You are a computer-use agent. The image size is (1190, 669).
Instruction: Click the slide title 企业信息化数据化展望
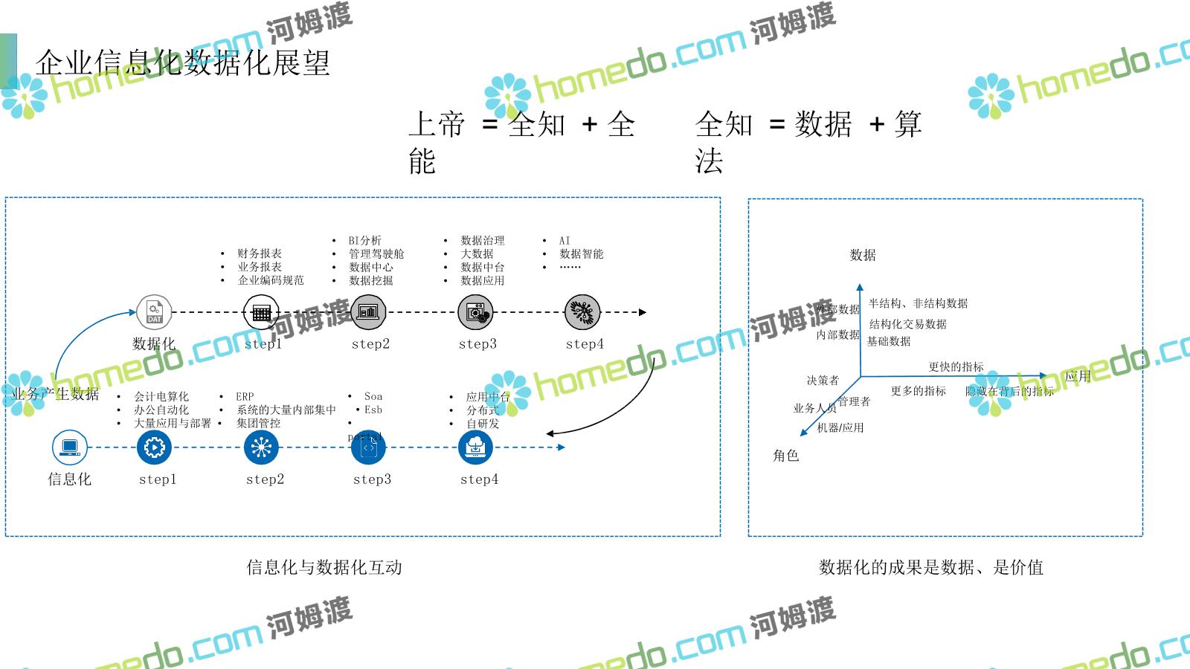coord(183,63)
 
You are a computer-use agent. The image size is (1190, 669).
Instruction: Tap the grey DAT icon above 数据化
coord(154,312)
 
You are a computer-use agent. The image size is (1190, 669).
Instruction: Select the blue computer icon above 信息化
coord(70,447)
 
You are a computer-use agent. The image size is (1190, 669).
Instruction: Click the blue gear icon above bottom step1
coord(155,447)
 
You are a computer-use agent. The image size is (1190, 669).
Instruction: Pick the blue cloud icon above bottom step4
coord(475,447)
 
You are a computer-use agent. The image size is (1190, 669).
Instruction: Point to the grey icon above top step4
coord(582,312)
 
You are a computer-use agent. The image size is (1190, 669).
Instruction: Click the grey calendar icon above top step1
coord(261,312)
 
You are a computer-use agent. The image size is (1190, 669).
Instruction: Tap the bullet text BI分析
coord(364,240)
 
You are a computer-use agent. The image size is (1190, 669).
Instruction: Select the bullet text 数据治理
coord(482,240)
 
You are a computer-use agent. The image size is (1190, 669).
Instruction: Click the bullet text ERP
coord(245,396)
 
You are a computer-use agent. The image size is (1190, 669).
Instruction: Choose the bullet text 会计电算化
coord(161,396)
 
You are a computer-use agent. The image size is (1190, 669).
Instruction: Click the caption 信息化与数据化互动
coord(324,567)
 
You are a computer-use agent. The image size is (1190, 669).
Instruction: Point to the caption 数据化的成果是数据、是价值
coord(931,567)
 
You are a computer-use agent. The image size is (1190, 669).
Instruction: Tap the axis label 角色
coord(785,455)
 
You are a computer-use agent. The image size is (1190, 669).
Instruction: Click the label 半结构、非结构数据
coord(918,303)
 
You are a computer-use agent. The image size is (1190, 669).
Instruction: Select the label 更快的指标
coord(956,366)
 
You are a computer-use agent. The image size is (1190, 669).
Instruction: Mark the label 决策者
coord(823,380)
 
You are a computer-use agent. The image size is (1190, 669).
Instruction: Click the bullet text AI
coord(565,240)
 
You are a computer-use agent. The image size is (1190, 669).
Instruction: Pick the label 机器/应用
coord(840,427)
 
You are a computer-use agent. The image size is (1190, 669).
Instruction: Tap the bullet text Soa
coord(373,396)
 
